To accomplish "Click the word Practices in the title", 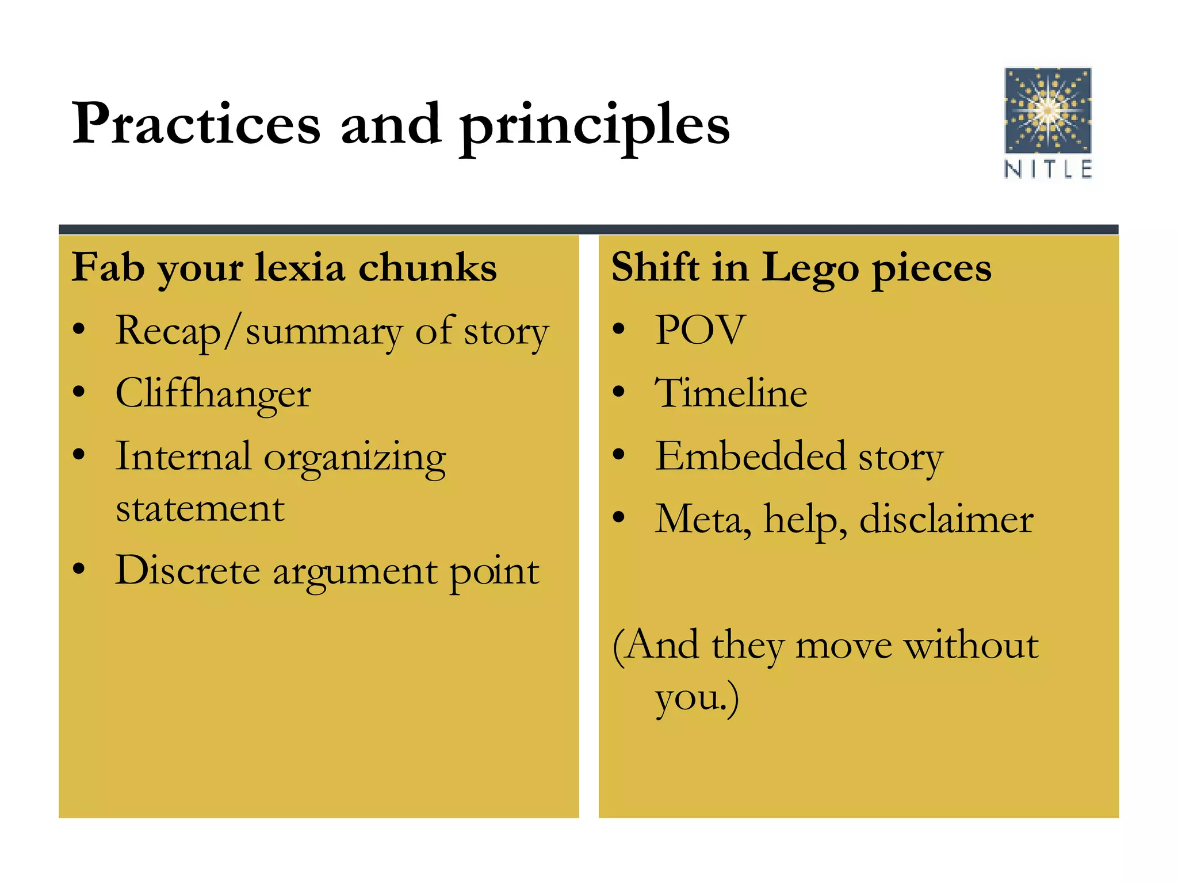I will pyautogui.click(x=196, y=124).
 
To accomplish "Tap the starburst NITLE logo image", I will pyautogui.click(x=1047, y=110).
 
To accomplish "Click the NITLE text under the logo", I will pyautogui.click(x=1047, y=170).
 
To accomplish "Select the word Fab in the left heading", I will pyautogui.click(x=108, y=267).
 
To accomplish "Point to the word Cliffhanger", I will pyautogui.click(x=213, y=395).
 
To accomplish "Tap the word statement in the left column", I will pyautogui.click(x=200, y=509).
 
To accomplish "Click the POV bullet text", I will pyautogui.click(x=700, y=331).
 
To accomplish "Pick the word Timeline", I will pyautogui.click(x=731, y=394).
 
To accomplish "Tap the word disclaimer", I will pyautogui.click(x=946, y=519).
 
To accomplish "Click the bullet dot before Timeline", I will pyautogui.click(x=618, y=393).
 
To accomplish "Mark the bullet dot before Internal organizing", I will pyautogui.click(x=79, y=455).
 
